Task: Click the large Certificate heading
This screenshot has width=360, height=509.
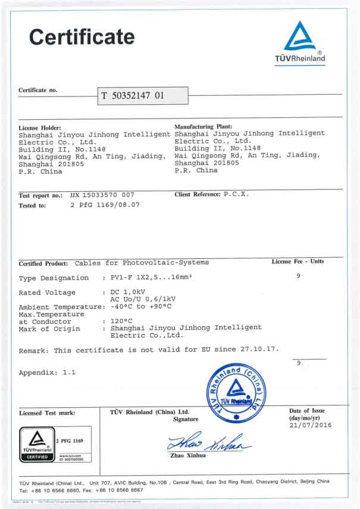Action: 82,37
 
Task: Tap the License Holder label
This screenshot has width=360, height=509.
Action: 40,127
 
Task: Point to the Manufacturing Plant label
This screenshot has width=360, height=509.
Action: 203,127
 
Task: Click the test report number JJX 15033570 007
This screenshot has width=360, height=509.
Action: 102,195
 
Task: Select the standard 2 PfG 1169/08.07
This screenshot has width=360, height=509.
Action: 105,205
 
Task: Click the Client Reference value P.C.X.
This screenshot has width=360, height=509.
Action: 236,195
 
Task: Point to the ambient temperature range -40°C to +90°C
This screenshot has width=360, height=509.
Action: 141,307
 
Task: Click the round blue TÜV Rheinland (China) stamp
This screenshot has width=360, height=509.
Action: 236,394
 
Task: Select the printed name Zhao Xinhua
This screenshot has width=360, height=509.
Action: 189,456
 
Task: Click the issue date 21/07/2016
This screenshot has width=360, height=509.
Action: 310,425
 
